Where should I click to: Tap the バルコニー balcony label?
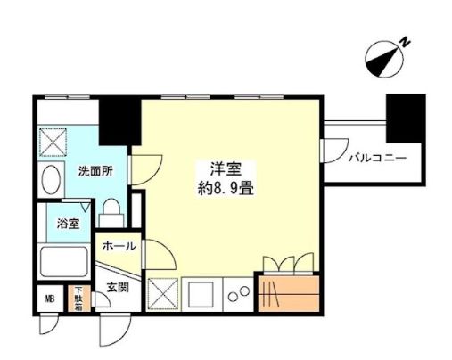[377, 159]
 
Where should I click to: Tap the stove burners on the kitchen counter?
[238, 292]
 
